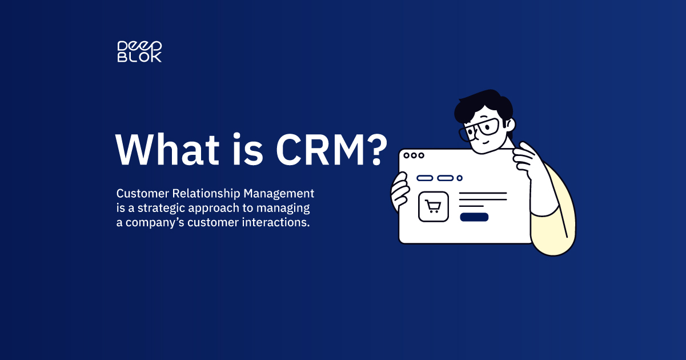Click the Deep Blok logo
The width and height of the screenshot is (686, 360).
[139, 51]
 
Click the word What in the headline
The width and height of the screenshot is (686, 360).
[167, 150]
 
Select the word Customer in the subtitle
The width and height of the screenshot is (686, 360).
[143, 194]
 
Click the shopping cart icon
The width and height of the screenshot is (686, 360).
[433, 206]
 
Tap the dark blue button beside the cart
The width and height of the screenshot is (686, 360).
[474, 217]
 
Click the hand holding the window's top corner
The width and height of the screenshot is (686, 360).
[525, 159]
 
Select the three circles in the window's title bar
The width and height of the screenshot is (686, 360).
[414, 155]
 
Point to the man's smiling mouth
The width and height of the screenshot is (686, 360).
[486, 142]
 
